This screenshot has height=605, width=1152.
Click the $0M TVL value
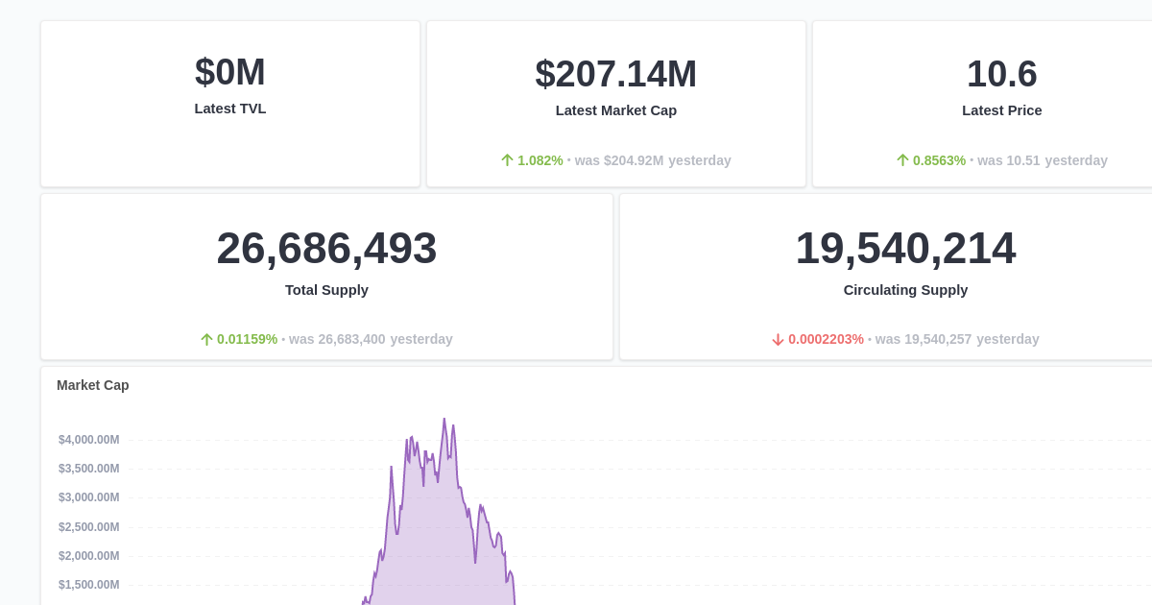(230, 72)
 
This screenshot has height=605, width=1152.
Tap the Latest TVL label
(230, 109)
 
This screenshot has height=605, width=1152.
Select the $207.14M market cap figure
(616, 74)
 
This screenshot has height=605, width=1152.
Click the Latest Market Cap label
(616, 110)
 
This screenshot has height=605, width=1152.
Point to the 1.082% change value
(540, 160)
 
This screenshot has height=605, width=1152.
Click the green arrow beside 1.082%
(508, 160)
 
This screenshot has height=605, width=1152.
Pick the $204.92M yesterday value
(634, 160)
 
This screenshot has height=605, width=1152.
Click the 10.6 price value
(1002, 74)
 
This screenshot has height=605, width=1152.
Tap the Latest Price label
(1002, 110)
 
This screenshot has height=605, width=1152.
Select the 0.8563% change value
(939, 160)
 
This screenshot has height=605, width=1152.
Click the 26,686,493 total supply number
(326, 248)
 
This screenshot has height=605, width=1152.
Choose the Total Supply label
(326, 290)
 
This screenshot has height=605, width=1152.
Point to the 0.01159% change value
(247, 339)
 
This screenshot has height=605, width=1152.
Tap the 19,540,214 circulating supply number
(905, 248)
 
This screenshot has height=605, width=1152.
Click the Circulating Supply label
(905, 290)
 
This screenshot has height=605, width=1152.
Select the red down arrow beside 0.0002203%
(779, 339)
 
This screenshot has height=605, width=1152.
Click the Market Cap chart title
(93, 385)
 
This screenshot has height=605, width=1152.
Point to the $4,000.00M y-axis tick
(89, 440)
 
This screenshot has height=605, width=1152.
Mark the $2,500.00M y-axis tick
(89, 527)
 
